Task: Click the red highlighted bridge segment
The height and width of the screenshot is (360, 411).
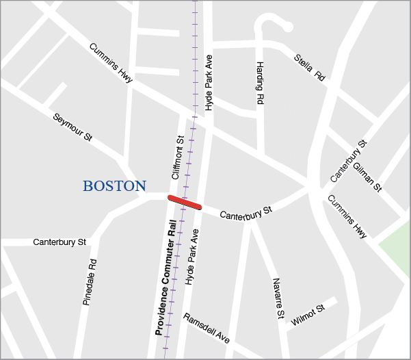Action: coord(185,202)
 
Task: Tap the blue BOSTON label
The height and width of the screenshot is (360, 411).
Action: coord(114,186)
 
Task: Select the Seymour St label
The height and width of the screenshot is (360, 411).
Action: coord(72,127)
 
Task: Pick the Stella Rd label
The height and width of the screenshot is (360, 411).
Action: coord(309,67)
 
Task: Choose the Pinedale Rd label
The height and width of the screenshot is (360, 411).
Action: coord(90,281)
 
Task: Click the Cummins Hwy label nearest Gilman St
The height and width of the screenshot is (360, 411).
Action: coord(347,216)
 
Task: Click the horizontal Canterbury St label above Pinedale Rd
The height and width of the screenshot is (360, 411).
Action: coord(60,242)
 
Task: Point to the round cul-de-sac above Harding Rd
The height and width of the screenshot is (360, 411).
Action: coord(287,27)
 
